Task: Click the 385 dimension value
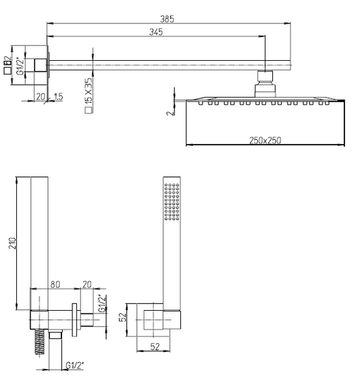(167, 19)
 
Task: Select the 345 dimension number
(156, 32)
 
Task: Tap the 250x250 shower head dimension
(265, 141)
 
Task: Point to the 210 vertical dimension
(12, 243)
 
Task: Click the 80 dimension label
(55, 284)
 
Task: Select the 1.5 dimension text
(59, 97)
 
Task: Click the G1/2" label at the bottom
(75, 365)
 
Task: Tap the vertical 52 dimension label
(123, 317)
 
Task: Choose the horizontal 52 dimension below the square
(155, 347)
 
